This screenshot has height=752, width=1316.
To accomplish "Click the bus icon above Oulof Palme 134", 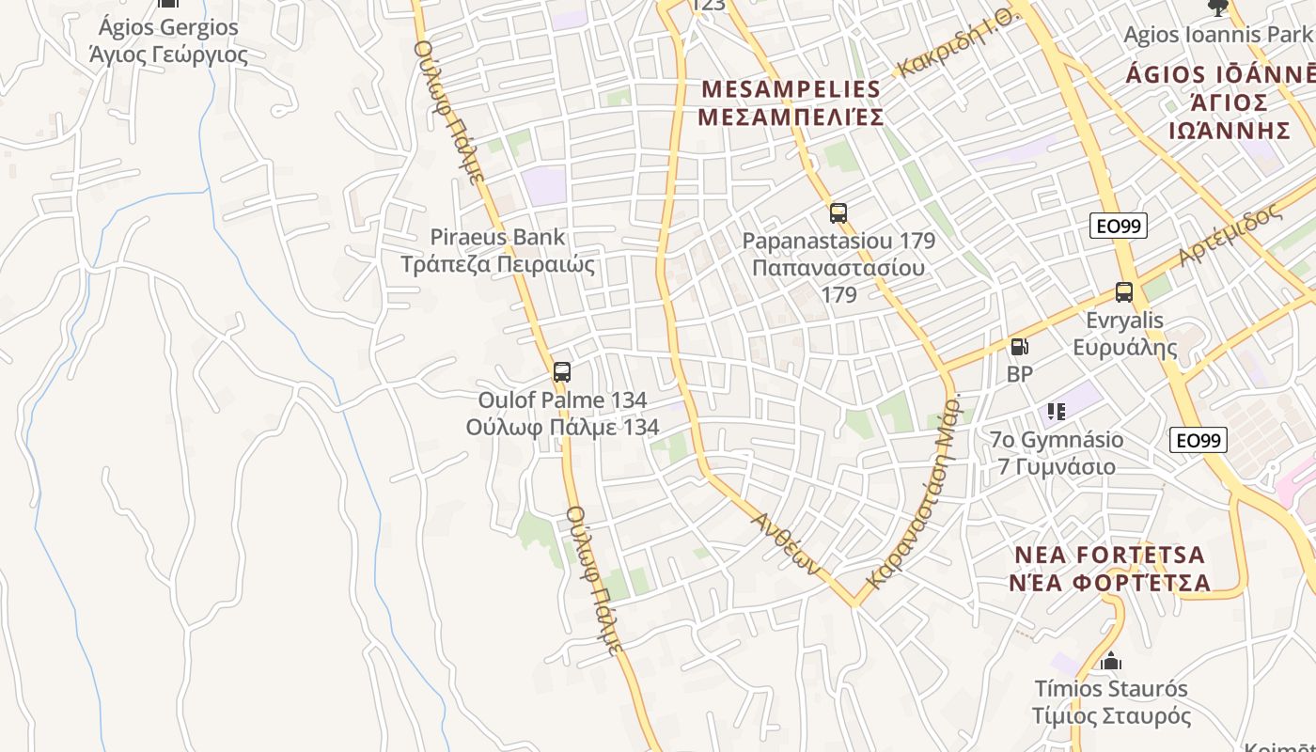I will tap(561, 372).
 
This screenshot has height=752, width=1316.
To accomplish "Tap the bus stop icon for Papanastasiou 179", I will tap(838, 213).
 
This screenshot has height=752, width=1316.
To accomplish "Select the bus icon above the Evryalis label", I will tap(1124, 292).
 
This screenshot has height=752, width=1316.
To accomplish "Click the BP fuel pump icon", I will tap(1019, 347).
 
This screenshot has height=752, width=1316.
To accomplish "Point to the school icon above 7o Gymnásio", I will tap(1057, 412).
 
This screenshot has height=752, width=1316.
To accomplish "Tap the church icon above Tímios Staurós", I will tap(1111, 662).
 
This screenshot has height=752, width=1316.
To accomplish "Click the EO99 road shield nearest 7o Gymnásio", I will tap(1198, 440).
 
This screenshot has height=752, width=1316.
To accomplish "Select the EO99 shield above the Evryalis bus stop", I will tap(1119, 226).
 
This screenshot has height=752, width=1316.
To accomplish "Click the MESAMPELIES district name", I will tap(791, 90).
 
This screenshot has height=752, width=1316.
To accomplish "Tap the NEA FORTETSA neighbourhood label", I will tap(1109, 555).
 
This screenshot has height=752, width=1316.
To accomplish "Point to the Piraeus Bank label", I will tap(497, 237).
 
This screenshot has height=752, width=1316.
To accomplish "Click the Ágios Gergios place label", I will tap(168, 27).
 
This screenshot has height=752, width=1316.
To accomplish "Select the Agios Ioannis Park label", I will tap(1217, 35).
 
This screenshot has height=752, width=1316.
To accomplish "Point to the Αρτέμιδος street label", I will tap(1230, 233).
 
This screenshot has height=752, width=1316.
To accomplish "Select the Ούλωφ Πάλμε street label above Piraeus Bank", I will tap(449, 110).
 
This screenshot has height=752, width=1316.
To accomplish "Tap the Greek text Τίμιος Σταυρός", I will tap(1111, 716).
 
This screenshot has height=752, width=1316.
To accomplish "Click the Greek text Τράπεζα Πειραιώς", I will tap(497, 264).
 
